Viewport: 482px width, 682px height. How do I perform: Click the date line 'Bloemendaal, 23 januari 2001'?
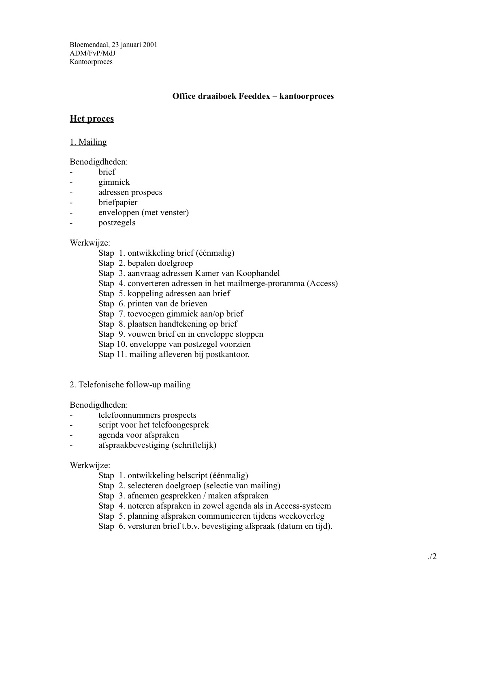(x=113, y=45)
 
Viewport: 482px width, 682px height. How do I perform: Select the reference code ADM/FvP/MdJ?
(x=90, y=53)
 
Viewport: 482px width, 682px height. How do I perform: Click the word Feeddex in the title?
(x=255, y=96)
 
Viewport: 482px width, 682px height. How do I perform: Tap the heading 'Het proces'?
(x=92, y=119)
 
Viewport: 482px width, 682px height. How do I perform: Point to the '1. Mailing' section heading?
(x=88, y=142)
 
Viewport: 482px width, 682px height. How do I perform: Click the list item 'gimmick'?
(x=114, y=182)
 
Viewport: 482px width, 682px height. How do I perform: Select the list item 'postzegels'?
(x=117, y=222)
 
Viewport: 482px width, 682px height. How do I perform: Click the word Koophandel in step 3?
(x=258, y=273)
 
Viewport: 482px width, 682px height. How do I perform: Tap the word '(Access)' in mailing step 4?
(x=322, y=283)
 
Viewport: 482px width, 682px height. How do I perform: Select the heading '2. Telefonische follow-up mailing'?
(x=130, y=385)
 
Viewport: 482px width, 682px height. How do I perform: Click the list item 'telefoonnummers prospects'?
(x=147, y=415)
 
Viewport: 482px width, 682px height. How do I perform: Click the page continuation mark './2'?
(x=432, y=556)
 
